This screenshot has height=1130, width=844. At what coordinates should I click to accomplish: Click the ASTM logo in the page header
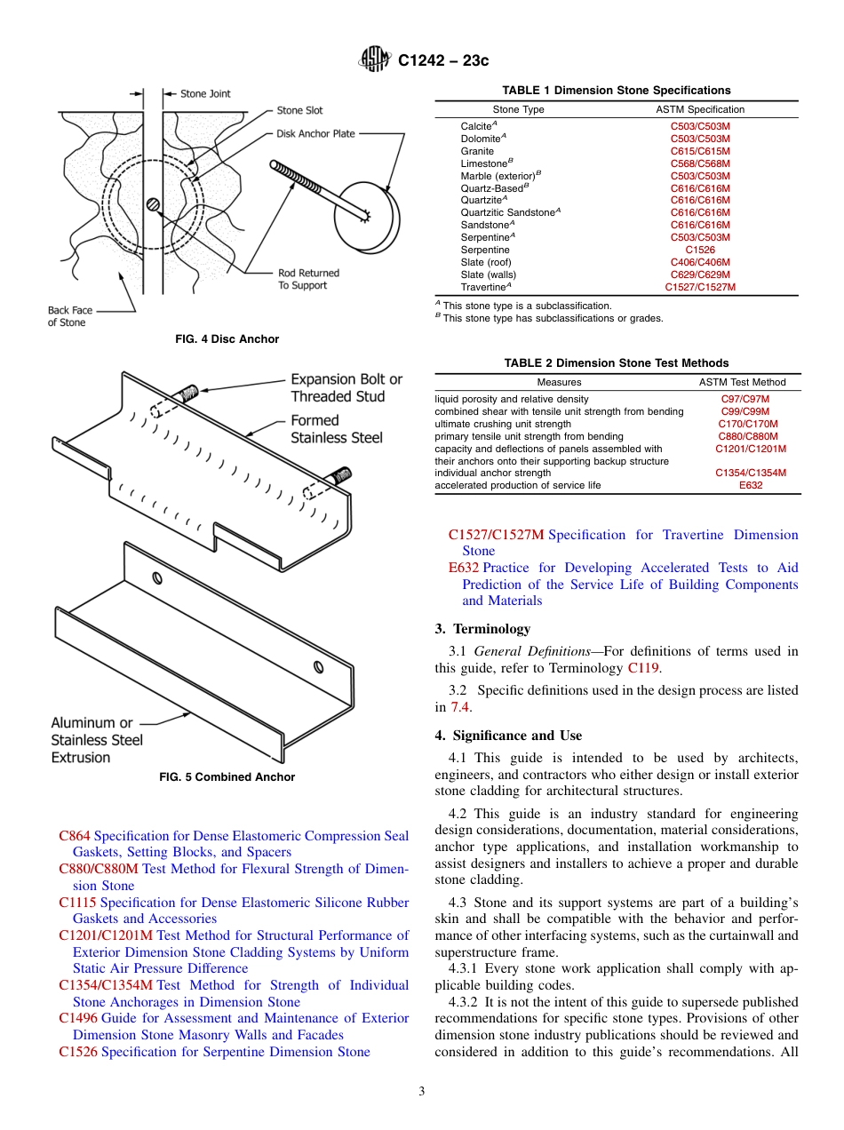click(x=374, y=60)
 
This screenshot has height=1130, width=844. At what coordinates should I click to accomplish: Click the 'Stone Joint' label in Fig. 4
click(x=205, y=93)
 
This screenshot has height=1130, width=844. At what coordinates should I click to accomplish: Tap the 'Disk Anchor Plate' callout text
click(x=315, y=133)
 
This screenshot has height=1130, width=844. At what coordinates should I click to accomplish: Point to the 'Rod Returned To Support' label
click(x=308, y=279)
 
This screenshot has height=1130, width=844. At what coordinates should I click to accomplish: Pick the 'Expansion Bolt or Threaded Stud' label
click(x=346, y=387)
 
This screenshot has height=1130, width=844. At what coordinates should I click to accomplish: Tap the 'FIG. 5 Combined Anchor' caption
click(x=227, y=776)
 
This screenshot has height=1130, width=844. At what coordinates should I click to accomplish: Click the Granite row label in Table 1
click(x=477, y=151)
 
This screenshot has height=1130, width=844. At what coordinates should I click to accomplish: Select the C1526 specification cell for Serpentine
click(x=700, y=250)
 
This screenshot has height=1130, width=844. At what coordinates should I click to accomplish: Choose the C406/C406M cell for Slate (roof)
click(x=700, y=262)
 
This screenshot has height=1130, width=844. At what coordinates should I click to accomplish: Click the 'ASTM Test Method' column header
click(x=742, y=382)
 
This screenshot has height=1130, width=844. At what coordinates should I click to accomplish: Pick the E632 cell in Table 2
click(x=751, y=485)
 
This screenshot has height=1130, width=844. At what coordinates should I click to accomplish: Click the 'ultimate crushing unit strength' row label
click(x=503, y=424)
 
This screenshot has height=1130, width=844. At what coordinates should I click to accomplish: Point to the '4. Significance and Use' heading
click(x=508, y=735)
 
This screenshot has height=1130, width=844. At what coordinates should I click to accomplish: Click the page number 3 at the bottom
click(x=422, y=1092)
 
